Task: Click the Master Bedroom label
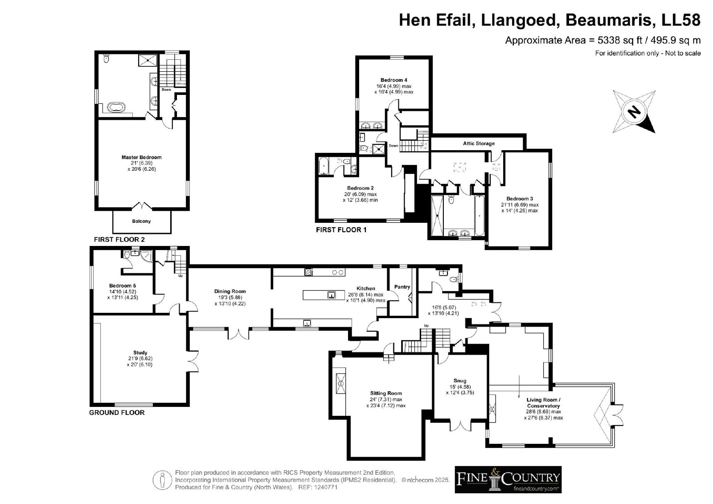[141, 157]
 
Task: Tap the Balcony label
[141, 221]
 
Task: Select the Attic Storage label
[479, 143]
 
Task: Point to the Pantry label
[402, 287]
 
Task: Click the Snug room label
[460, 381]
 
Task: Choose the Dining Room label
[230, 291]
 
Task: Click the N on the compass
[634, 112]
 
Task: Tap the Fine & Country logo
[508, 479]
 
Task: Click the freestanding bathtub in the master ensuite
[116, 107]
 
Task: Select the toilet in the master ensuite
[106, 58]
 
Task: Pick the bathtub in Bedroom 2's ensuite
[324, 166]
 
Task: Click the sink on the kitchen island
[332, 295]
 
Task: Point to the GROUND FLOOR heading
[117, 413]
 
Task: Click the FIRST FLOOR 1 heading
[341, 230]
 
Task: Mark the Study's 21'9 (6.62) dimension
[140, 358]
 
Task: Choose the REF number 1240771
[326, 487]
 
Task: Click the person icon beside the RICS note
[162, 480]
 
